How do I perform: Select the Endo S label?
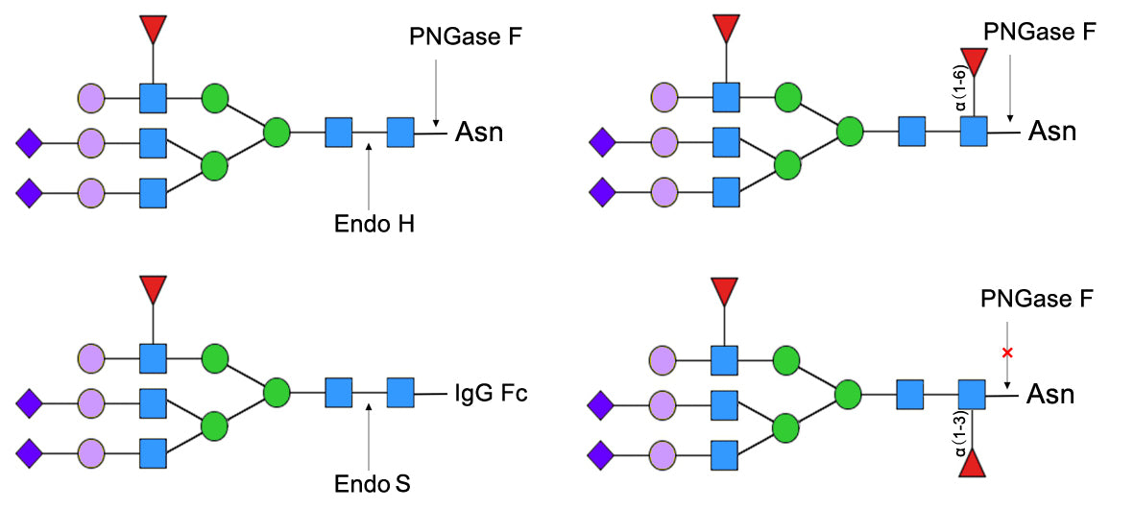click(x=372, y=483)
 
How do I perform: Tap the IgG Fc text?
click(x=491, y=393)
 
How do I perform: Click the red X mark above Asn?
click(x=1007, y=352)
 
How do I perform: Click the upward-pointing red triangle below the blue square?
click(x=973, y=466)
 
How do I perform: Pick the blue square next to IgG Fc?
click(x=400, y=393)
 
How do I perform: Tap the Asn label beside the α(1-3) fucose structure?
click(x=1050, y=394)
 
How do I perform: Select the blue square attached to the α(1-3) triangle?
click(x=973, y=394)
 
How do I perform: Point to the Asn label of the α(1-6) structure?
click(x=1052, y=131)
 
